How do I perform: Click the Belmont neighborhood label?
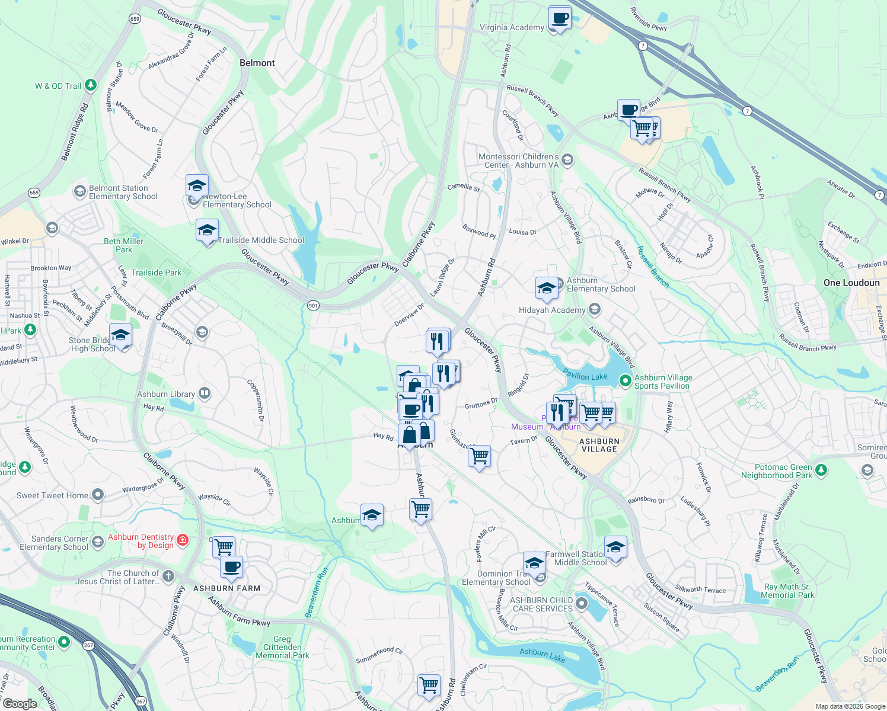pos(257,63)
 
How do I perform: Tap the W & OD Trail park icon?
pos(91,85)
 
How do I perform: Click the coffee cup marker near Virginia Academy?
pos(560,18)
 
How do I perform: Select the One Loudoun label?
pos(851,283)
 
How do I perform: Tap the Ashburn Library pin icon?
pos(205,393)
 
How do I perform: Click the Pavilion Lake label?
pos(585,376)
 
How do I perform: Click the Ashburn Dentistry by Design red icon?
pos(183,540)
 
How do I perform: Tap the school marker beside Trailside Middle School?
pos(207,231)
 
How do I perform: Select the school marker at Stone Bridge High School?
pos(121,336)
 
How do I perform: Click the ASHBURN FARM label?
pos(227,588)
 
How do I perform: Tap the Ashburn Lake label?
pos(542,655)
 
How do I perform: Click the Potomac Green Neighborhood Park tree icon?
pos(821,470)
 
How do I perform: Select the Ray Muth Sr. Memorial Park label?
pos(787,591)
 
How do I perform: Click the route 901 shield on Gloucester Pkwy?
pos(314,305)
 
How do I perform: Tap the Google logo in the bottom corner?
pos(20,704)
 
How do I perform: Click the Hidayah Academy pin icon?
pos(595,309)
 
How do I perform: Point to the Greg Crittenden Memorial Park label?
pos(282,647)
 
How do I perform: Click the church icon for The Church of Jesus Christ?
pos(168,576)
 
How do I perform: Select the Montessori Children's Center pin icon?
pos(567,160)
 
